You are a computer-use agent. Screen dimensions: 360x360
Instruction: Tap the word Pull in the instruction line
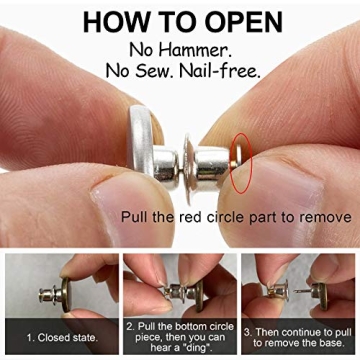tap(136, 217)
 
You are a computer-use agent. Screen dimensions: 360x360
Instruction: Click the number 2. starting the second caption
tap(131, 327)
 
